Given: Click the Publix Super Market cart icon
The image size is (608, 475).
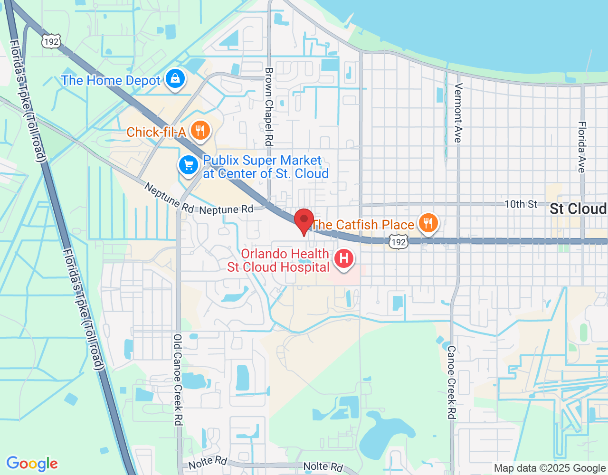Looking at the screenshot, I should (x=189, y=165).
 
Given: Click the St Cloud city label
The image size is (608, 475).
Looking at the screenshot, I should (x=578, y=209).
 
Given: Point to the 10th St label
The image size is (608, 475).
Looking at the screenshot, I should (x=521, y=204).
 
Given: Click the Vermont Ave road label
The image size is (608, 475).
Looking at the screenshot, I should (x=458, y=113).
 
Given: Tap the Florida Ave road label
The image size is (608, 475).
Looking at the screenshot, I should (x=582, y=147).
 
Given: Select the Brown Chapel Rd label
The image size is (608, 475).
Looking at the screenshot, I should (x=269, y=106).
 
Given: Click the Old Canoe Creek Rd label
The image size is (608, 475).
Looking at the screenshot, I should (x=178, y=380).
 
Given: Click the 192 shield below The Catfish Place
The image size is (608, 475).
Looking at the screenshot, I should (x=398, y=242).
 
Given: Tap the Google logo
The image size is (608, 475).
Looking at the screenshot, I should (x=32, y=464).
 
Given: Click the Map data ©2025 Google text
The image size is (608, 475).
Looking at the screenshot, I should (x=550, y=468).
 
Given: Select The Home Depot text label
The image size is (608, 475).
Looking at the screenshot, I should (x=111, y=81).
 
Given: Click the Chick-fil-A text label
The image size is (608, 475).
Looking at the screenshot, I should (x=156, y=132).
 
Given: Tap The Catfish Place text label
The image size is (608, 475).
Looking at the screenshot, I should (x=363, y=225).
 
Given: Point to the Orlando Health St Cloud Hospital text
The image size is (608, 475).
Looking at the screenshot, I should (x=279, y=261).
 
